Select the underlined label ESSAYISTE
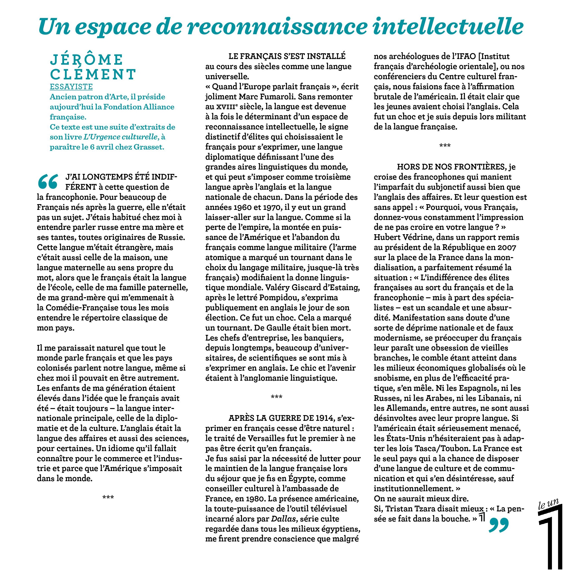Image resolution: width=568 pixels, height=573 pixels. tap(71, 87)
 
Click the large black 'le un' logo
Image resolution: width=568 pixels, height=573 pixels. tap(550, 534)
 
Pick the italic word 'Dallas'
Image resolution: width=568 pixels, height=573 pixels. tap(283, 519)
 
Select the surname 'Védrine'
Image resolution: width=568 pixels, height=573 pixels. tap(417, 237)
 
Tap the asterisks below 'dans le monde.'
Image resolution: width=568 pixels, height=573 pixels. tap(108, 497)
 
